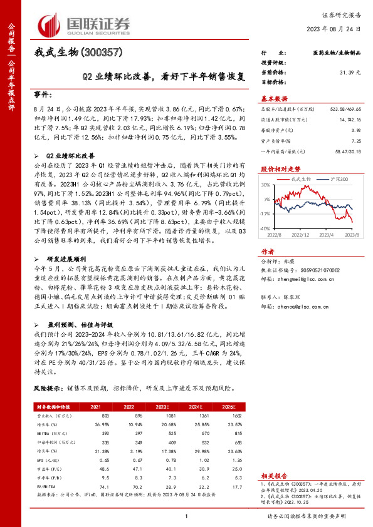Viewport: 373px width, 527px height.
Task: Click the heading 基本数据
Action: click(x=274, y=99)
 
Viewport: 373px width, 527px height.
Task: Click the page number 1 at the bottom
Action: click(x=186, y=516)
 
